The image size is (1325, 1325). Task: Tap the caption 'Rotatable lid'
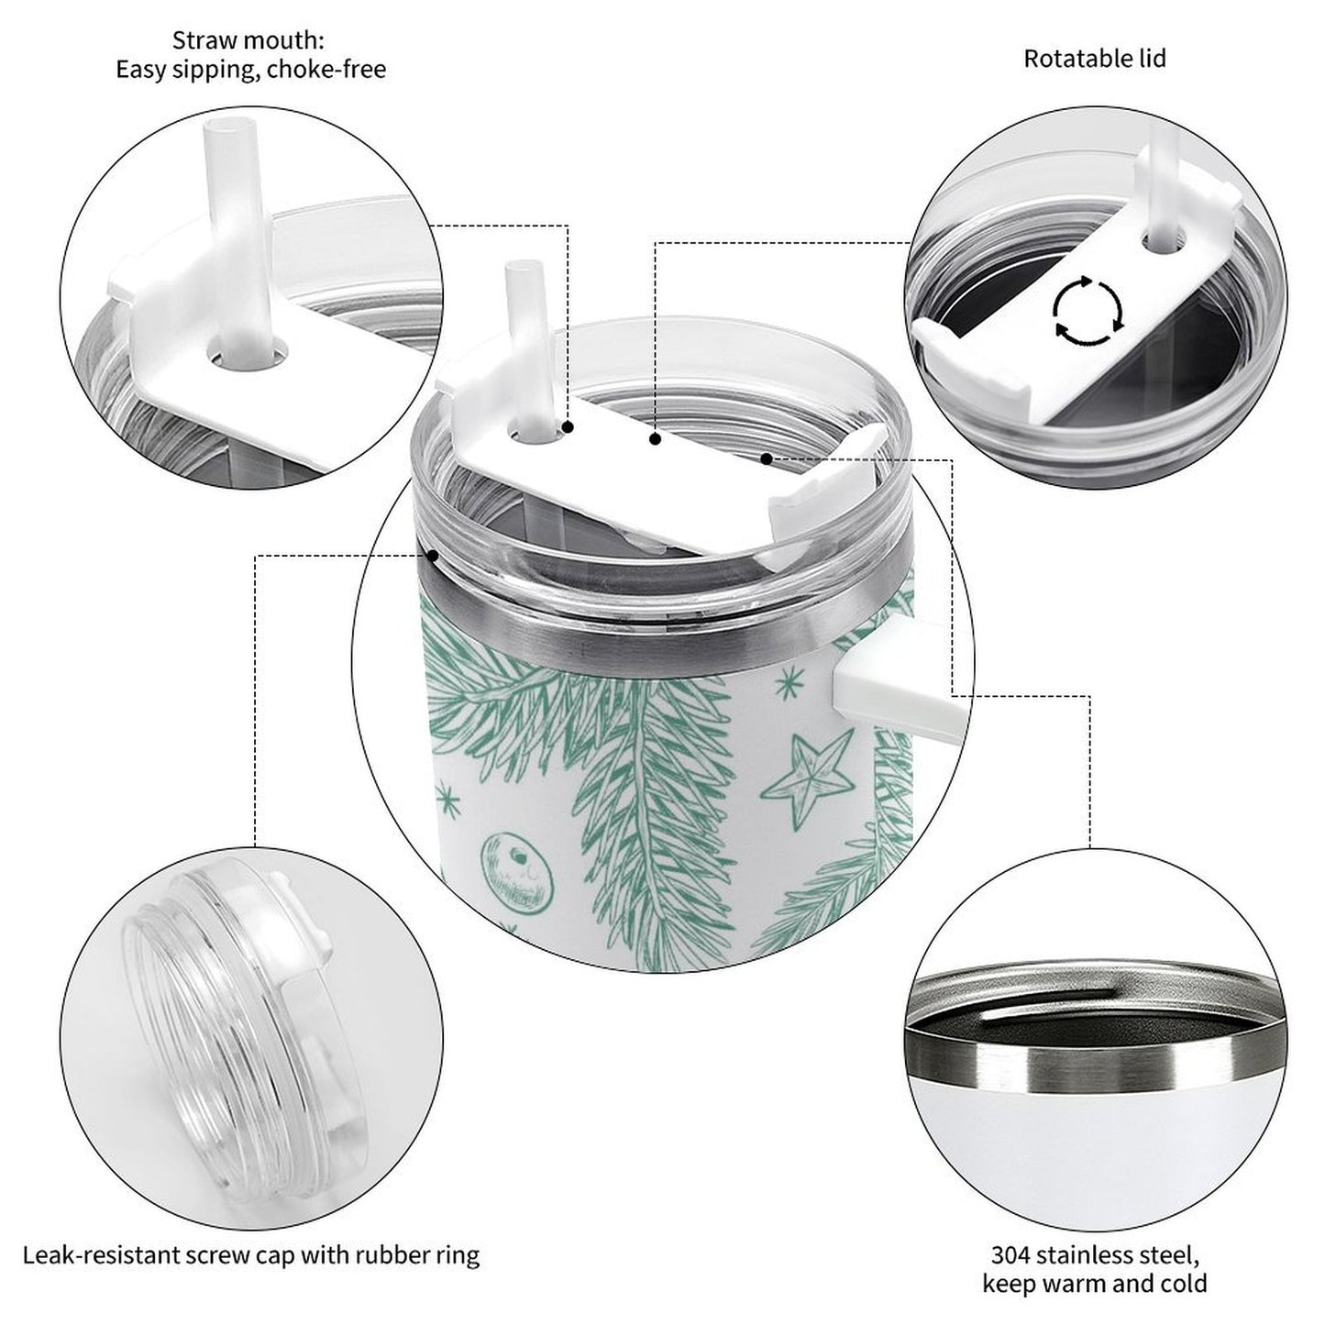pyautogui.click(x=1095, y=60)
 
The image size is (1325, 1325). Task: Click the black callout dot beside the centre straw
pyautogui.click(x=569, y=426)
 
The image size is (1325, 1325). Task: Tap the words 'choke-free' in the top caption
pyautogui.click(x=326, y=70)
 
